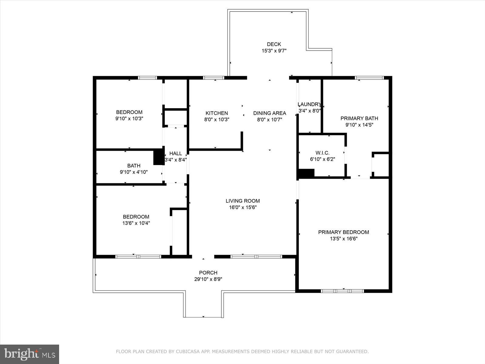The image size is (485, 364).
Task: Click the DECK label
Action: (x=274, y=44)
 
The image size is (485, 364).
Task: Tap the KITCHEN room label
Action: (x=216, y=113)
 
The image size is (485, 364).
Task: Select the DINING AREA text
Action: (x=269, y=113)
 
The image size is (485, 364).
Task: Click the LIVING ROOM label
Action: (x=242, y=201)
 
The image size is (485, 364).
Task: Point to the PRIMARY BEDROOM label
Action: (x=343, y=232)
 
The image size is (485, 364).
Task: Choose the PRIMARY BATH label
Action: (x=359, y=118)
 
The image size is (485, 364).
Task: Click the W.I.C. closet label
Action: (x=322, y=153)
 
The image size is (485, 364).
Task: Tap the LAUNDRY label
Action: (x=309, y=104)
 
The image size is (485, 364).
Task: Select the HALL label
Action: (x=176, y=153)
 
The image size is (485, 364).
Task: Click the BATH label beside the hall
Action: (x=134, y=166)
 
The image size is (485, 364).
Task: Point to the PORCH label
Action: (x=208, y=273)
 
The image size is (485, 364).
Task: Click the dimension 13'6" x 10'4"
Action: (x=136, y=223)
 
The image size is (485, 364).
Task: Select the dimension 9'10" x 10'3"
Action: (x=129, y=119)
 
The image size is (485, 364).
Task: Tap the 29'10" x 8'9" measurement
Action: (x=208, y=279)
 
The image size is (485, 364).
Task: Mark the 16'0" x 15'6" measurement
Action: (x=242, y=207)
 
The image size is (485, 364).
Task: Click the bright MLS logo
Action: (x=29, y=354)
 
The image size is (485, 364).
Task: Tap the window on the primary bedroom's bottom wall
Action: (x=343, y=291)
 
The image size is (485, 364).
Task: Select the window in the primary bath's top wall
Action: (x=369, y=78)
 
